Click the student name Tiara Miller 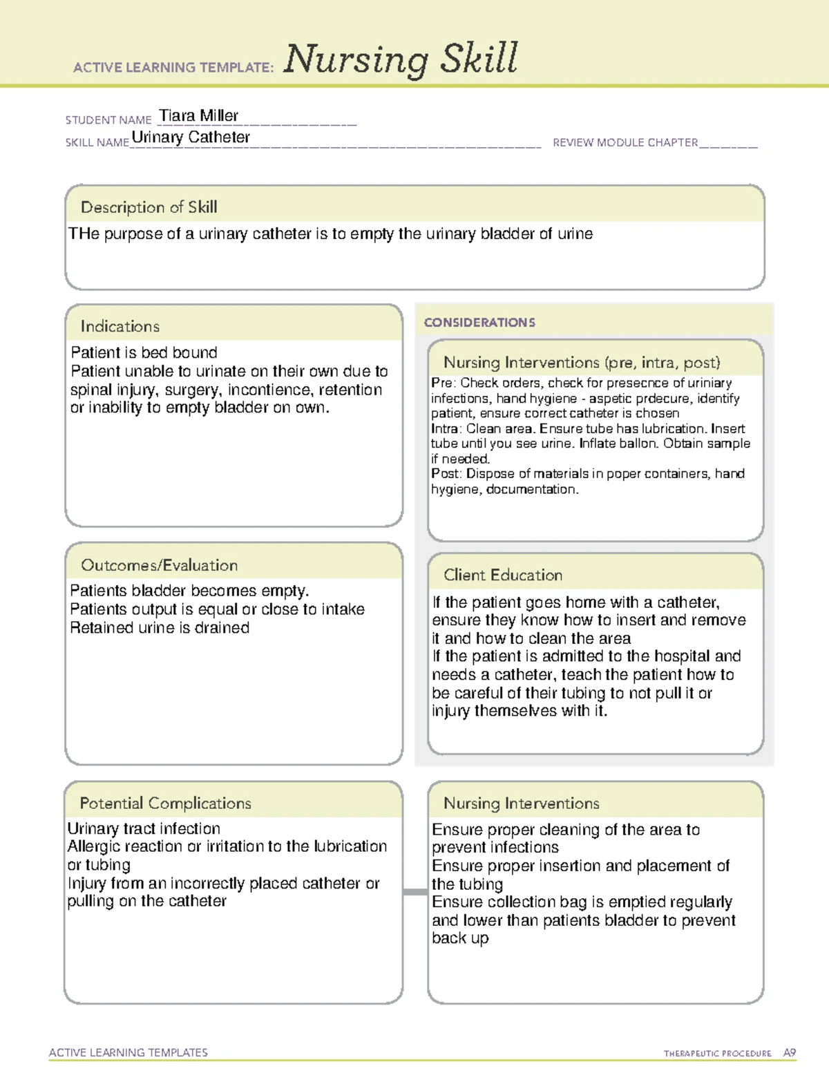pos(198,115)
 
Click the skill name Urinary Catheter pos(191,137)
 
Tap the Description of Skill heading pos(149,207)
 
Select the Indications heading pos(120,326)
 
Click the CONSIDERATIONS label pos(479,323)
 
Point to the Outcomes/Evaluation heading pos(159,565)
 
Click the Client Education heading pos(502,575)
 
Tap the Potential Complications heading pos(165,803)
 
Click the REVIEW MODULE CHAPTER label pos(625,142)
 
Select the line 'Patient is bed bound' pos(144,352)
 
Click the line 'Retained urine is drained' pos(160,627)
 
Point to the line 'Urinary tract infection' pos(144,828)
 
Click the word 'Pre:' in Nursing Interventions pos(443,383)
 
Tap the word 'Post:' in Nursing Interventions pos(446,474)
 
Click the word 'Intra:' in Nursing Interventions pos(446,428)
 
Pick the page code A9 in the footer pos(789,1053)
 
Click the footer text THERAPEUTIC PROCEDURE pos(717,1054)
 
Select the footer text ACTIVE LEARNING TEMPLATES pos(128,1052)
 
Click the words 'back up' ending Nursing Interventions pos(460,938)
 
